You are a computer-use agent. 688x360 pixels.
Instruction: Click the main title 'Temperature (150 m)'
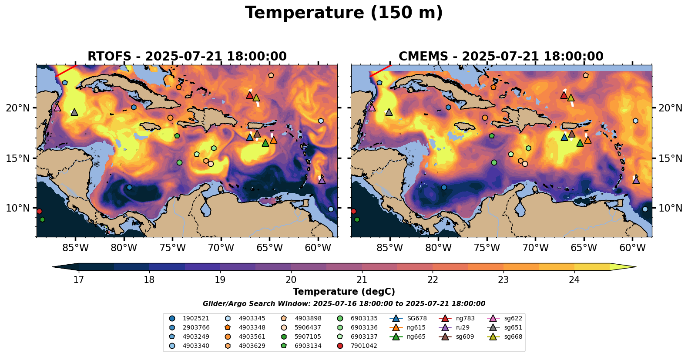344,13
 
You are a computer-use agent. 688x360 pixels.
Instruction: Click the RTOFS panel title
187,57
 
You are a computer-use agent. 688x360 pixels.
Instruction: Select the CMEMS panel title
501,57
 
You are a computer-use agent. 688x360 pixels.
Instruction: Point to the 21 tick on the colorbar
362,279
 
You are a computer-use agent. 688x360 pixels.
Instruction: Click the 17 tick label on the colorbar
78,279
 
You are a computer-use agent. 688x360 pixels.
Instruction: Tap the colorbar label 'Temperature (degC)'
344,292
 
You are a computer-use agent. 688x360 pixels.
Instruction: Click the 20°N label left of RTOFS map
18,108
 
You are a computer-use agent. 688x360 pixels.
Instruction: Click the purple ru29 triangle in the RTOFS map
322,180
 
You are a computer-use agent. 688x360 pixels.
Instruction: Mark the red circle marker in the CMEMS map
353,212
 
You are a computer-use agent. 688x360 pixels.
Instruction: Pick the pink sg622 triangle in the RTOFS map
57,108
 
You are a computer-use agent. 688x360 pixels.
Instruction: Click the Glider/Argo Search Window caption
344,304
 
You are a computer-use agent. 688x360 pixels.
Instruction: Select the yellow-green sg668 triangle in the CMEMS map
571,98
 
